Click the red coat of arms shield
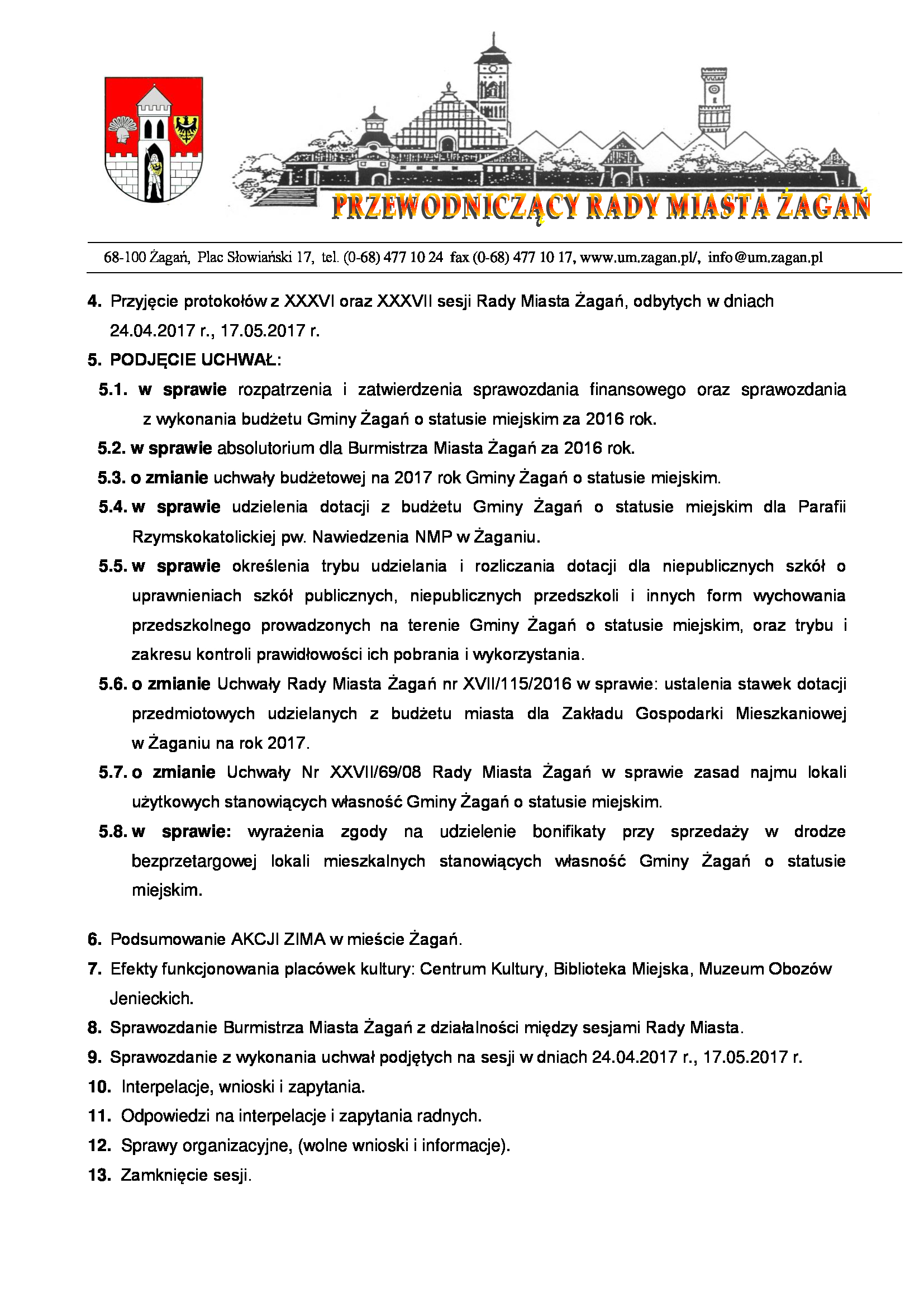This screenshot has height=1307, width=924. pyautogui.click(x=154, y=139)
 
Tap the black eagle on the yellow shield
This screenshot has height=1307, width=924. pyautogui.click(x=185, y=129)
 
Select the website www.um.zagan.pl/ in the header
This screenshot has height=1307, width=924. pyautogui.click(x=640, y=257)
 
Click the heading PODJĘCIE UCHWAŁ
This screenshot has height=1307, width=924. pyautogui.click(x=195, y=360)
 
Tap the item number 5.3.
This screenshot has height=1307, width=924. pyautogui.click(x=112, y=478)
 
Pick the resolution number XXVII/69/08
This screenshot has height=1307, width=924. pyautogui.click(x=375, y=772)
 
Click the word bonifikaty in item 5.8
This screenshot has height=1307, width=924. pyautogui.click(x=568, y=831)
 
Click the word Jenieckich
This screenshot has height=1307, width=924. pyautogui.click(x=151, y=998)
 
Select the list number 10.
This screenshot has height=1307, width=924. pyautogui.click(x=99, y=1087)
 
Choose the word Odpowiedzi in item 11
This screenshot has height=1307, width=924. pyautogui.click(x=165, y=1116)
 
